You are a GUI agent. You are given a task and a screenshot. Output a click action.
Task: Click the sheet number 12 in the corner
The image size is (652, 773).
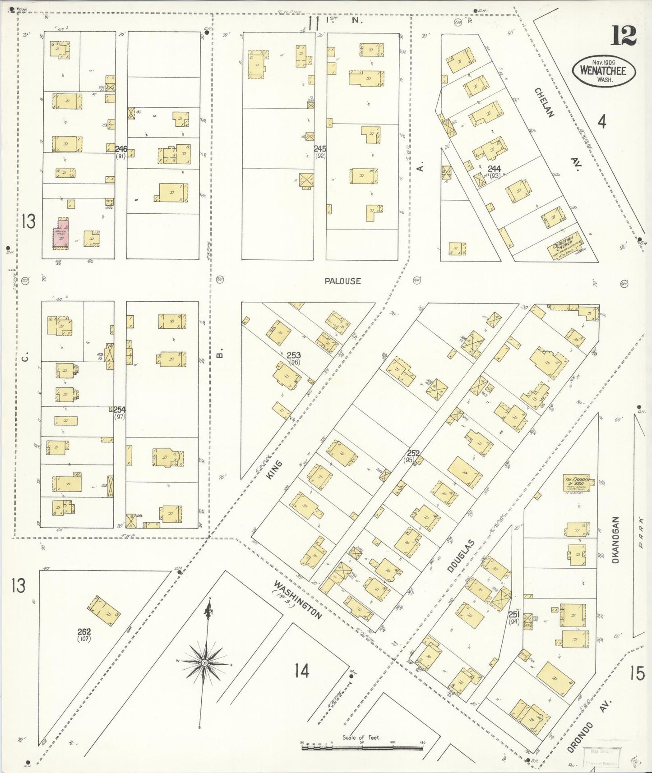pos(624,36)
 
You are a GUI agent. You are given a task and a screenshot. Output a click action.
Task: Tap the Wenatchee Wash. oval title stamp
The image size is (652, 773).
pos(604,71)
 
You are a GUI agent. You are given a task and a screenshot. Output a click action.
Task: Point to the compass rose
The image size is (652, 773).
pos(205,663)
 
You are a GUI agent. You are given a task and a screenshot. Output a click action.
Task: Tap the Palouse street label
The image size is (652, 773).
pos(343,281)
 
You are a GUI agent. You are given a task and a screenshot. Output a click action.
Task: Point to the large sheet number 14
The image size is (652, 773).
pos(302,671)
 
